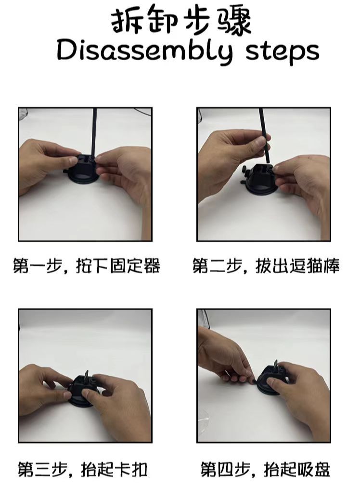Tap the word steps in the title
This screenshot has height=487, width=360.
point(283,51)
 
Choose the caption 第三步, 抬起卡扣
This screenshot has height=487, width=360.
point(82,468)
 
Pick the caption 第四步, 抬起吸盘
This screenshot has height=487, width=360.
point(265,468)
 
